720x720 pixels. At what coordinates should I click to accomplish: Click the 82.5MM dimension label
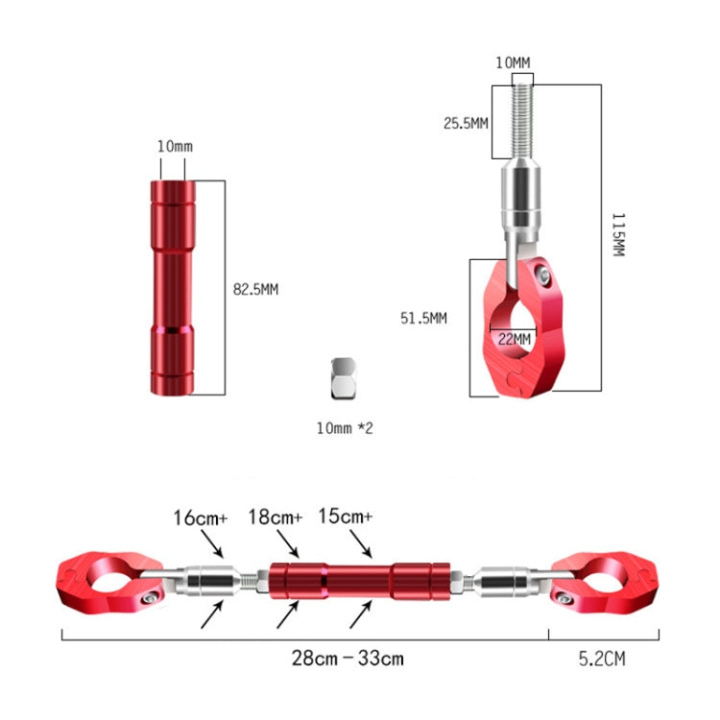[x=255, y=289]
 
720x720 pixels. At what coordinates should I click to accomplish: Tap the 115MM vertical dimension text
[x=618, y=234]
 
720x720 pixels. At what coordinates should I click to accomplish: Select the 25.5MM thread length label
[x=466, y=123]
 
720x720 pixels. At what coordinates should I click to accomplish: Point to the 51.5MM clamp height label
[x=423, y=318]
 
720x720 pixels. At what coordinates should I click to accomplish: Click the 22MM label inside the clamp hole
[x=515, y=339]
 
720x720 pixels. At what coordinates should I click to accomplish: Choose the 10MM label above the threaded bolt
[x=513, y=62]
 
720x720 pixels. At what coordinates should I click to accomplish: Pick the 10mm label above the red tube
[x=175, y=146]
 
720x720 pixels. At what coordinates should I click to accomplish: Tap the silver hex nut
[x=344, y=378]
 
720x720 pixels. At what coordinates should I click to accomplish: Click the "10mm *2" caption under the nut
[x=345, y=428]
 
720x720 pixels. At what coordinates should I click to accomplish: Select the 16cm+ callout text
[x=201, y=518]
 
